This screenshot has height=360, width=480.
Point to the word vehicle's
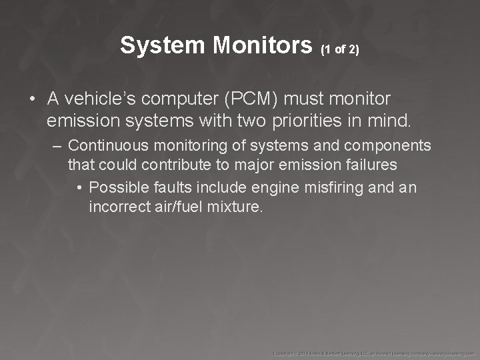(x=95, y=99)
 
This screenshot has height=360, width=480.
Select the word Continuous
(x=104, y=145)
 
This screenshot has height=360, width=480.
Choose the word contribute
(x=160, y=164)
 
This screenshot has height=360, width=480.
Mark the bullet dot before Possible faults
(x=80, y=188)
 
